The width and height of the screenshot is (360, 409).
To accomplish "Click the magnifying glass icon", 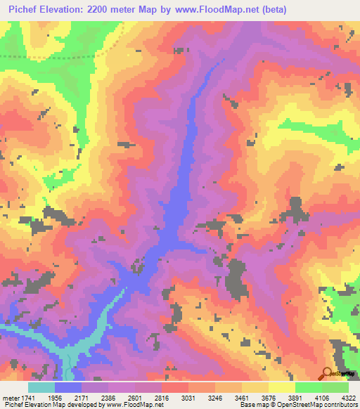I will pos(327,373).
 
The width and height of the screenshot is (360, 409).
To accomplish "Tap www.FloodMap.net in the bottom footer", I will pos(135,405).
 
